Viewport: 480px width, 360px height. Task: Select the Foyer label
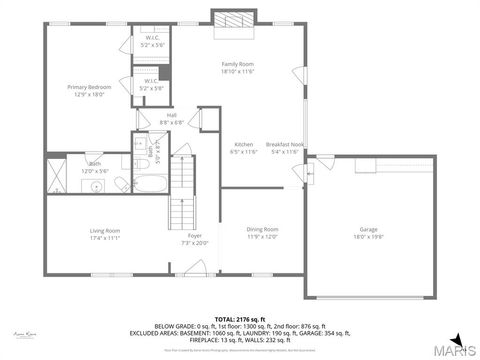pos(195,236)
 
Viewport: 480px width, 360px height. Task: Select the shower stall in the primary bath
pos(57,181)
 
